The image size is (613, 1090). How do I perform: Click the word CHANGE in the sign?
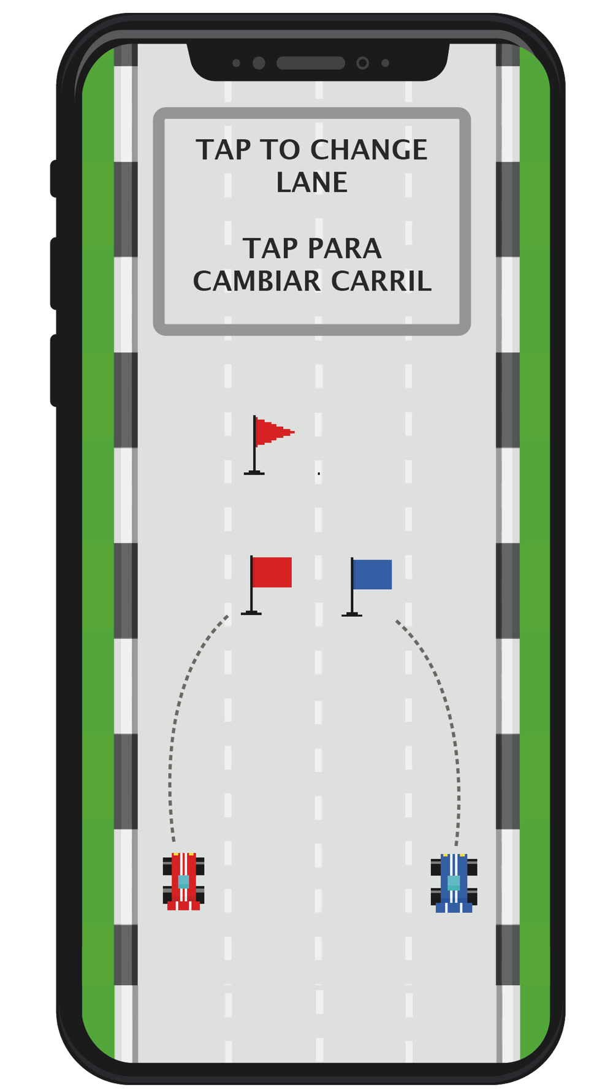click(x=369, y=150)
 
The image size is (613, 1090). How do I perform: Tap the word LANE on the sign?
click(x=312, y=183)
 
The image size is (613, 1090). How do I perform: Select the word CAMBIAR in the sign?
click(x=257, y=281)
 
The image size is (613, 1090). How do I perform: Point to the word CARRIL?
click(x=381, y=281)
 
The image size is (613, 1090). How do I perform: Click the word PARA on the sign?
click(x=345, y=249)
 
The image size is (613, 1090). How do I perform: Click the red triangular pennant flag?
click(x=273, y=432)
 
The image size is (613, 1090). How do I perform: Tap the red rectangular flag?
click(x=272, y=572)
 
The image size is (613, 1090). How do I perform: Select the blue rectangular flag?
click(x=373, y=574)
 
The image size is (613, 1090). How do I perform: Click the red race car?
click(x=183, y=881)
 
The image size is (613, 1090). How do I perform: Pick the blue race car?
click(x=454, y=883)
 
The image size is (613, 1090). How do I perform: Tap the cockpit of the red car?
click(x=183, y=882)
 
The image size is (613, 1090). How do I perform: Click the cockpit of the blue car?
click(x=454, y=883)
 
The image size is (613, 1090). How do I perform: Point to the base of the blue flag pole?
click(x=352, y=614)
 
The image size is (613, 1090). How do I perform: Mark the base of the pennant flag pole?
click(x=254, y=473)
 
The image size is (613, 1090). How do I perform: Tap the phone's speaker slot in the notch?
click(x=311, y=63)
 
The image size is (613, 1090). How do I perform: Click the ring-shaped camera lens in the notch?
click(x=362, y=63)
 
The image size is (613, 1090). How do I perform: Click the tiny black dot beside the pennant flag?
click(x=319, y=473)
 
